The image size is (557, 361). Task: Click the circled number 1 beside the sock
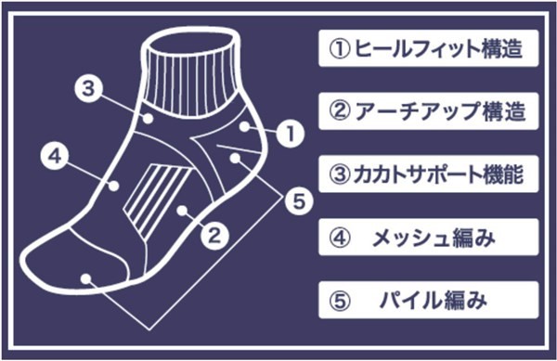point(291,134)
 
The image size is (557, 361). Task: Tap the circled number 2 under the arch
point(214,235)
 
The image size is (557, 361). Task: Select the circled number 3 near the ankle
point(88,88)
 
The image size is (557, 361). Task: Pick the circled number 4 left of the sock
point(54,156)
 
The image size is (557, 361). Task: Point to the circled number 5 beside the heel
point(299,201)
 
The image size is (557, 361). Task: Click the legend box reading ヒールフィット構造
point(428,48)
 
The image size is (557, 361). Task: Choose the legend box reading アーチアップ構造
point(428,111)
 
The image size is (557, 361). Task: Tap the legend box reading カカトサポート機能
point(428,174)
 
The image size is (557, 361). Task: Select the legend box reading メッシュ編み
point(428,238)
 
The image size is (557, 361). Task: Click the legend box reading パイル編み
point(428,300)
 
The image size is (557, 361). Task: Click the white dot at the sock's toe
point(85,278)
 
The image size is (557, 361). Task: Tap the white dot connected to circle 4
point(113,186)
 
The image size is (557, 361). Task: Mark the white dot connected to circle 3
point(149,118)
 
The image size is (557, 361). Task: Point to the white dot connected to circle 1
point(245,127)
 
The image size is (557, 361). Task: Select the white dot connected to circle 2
point(182,211)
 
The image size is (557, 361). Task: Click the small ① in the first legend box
point(340,49)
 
